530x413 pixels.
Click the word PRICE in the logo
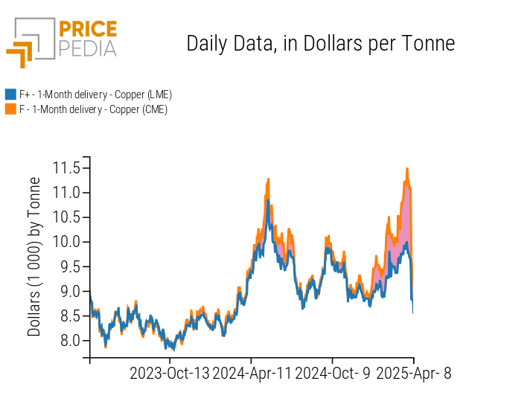[x=87, y=30]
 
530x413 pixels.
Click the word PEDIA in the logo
[x=87, y=49]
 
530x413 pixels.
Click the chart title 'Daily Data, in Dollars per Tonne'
[x=320, y=43]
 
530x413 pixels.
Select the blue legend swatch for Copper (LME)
[x=10, y=95]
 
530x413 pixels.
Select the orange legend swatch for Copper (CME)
[x=10, y=109]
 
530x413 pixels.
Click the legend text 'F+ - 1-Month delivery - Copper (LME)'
[x=95, y=95]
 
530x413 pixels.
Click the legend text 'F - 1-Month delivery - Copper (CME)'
[x=93, y=109]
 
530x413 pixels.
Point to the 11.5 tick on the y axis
[x=66, y=168]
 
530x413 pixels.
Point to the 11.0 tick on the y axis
[x=66, y=193]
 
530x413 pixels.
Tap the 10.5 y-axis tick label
[x=66, y=217]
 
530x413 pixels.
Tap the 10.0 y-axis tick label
[x=66, y=242]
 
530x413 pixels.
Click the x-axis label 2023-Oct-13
[x=170, y=374]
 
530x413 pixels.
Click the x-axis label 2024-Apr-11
[x=252, y=374]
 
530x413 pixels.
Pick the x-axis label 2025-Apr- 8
[x=413, y=374]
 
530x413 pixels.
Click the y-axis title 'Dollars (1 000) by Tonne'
[x=34, y=257]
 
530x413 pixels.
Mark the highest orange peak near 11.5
[x=407, y=169]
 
